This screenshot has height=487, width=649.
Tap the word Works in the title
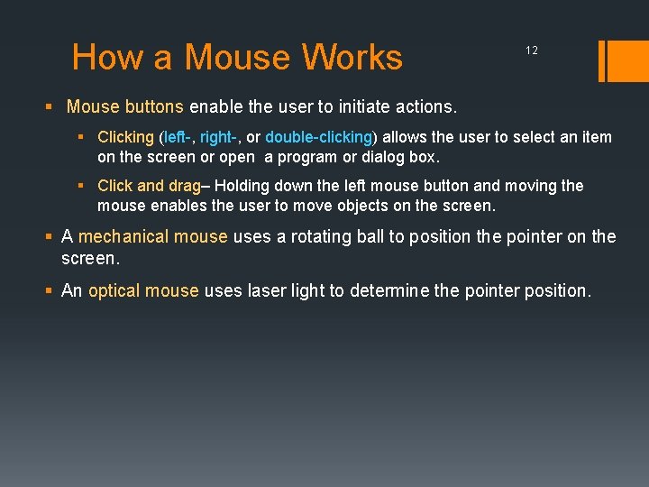352,57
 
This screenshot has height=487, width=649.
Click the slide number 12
532,51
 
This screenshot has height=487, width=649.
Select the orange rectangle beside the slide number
622,60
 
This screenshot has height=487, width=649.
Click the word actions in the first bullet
425,106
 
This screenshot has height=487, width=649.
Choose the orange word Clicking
125,138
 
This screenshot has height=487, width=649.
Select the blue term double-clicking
318,138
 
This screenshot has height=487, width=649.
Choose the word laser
264,290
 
